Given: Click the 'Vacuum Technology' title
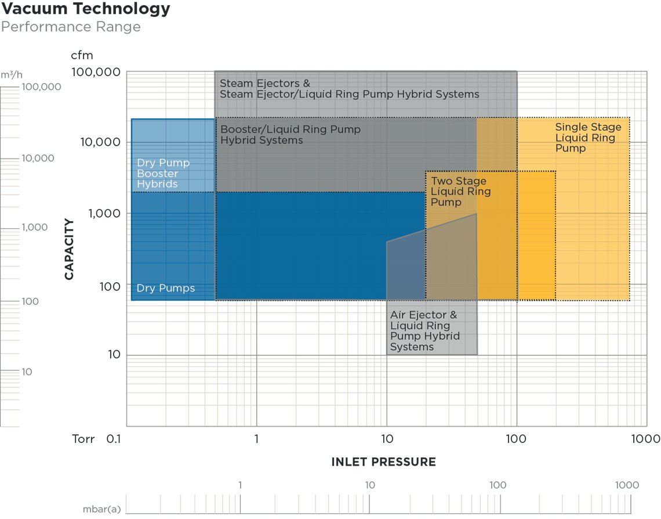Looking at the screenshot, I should (86, 9).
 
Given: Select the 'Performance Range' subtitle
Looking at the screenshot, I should (71, 27).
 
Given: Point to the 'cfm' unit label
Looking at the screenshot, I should (82, 56).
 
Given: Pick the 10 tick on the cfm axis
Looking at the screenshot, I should (114, 355).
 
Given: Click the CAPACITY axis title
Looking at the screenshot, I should (70, 249).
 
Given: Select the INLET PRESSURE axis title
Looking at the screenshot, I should (383, 462).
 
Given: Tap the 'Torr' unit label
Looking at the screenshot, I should (83, 439).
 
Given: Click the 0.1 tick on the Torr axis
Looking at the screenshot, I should (113, 439).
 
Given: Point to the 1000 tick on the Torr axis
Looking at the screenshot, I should (646, 439).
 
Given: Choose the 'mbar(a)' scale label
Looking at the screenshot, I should (101, 510).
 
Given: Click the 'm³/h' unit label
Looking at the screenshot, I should (12, 74).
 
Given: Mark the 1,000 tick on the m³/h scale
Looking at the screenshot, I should (35, 228).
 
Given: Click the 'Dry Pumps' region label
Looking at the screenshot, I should (166, 288).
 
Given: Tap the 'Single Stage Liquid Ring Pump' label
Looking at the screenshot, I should (588, 138).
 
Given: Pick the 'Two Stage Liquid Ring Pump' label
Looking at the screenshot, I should (460, 192).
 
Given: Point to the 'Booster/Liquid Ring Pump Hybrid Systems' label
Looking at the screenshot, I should (290, 135).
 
